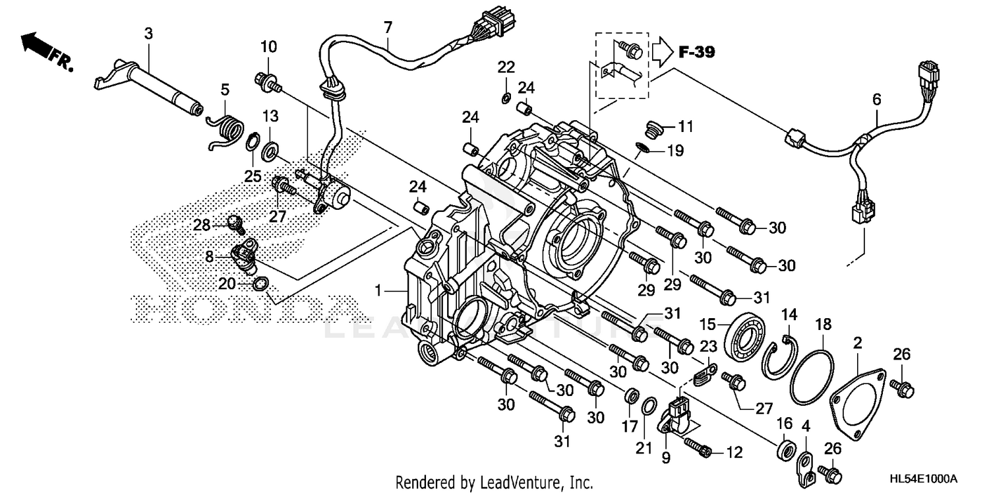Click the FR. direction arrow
[41, 49]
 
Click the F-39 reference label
[696, 52]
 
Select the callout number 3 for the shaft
[149, 34]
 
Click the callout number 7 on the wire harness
[388, 27]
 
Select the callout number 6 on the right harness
[876, 100]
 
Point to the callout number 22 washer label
[506, 67]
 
